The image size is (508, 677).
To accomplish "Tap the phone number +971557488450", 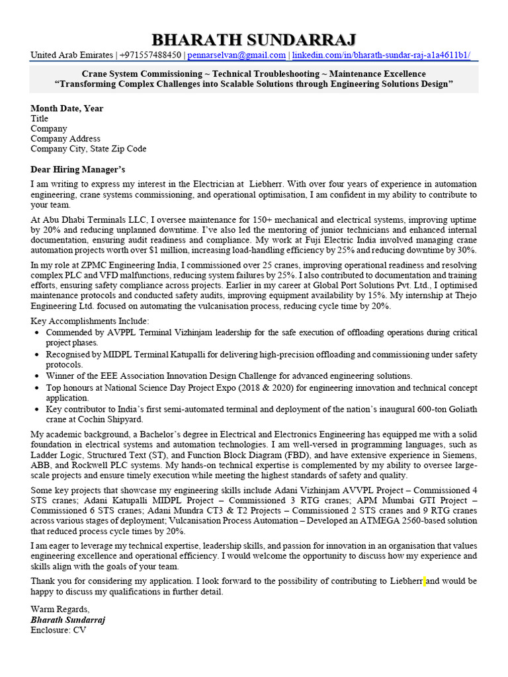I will tap(150, 56).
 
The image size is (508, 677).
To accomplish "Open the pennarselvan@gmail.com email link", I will tap(236, 56).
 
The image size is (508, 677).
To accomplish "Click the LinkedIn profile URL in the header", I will tap(381, 56).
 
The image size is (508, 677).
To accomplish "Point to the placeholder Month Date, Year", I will tap(67, 108).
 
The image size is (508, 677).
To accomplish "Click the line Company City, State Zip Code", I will tap(88, 149).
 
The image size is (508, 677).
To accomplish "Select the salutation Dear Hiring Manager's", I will tap(77, 169).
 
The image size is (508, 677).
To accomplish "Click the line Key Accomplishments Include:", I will tap(90, 321).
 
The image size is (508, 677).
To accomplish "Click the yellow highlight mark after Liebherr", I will tap(425, 581).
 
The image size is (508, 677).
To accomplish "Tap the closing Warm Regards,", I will tap(60, 609).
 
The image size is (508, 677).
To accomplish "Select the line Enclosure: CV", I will tap(58, 630).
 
